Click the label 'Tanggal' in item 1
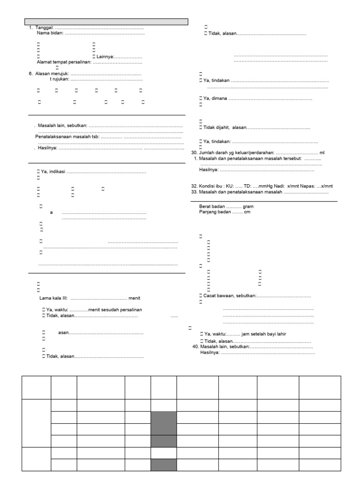click(45, 29)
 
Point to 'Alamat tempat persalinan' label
click(64, 62)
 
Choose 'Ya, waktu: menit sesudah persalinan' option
click(94, 310)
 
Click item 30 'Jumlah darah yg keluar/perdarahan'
click(235, 153)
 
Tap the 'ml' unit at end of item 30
click(322, 153)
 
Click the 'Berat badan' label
click(212, 206)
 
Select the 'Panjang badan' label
click(215, 212)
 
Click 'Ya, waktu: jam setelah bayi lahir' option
click(244, 334)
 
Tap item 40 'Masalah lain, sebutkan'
click(223, 347)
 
